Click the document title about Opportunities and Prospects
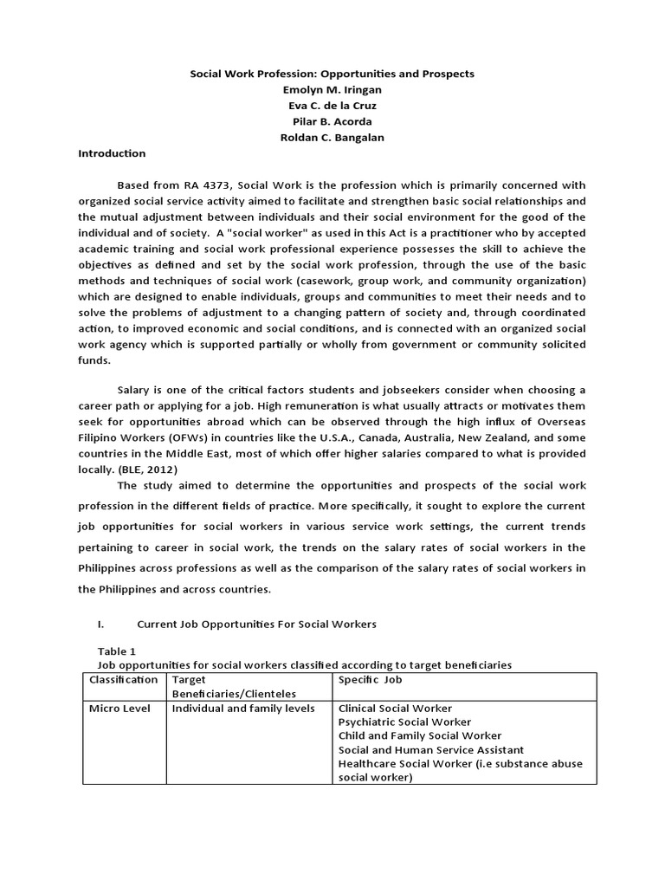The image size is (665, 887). click(332, 74)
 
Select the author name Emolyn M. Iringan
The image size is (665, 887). click(332, 90)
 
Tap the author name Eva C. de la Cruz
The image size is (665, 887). click(332, 106)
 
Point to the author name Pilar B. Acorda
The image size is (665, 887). click(332, 121)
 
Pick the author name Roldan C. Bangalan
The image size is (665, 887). click(332, 137)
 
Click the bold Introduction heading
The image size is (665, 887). click(113, 153)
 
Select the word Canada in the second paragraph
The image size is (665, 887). click(397, 438)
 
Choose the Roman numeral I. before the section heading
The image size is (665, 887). click(103, 624)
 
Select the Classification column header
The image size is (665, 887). click(124, 680)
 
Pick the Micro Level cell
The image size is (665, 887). click(119, 709)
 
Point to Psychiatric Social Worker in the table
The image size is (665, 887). click(404, 722)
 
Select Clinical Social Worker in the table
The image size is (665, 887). click(395, 709)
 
